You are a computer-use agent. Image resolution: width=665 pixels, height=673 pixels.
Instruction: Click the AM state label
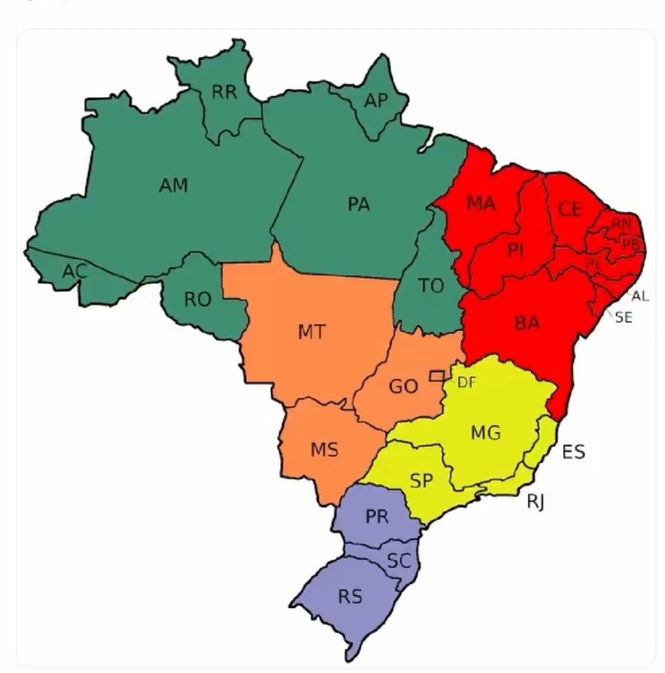(174, 185)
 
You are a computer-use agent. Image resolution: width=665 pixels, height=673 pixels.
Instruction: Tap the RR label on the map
(224, 93)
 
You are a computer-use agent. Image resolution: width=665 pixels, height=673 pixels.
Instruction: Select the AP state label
(376, 100)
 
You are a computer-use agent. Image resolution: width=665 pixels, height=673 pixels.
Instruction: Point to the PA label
(359, 204)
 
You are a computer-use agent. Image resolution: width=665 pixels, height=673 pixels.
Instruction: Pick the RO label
(197, 299)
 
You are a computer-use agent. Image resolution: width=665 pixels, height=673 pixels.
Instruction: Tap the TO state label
(431, 286)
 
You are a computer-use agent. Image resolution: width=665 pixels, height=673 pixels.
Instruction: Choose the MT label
(312, 332)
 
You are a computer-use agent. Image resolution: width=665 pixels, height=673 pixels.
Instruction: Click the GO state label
(403, 387)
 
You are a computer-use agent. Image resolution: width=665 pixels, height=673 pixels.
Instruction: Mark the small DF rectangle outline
(437, 375)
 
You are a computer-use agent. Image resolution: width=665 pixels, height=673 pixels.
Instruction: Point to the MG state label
(486, 432)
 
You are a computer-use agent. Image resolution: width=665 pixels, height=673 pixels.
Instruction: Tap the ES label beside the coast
(574, 451)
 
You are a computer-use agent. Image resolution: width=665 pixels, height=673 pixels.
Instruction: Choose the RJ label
(536, 501)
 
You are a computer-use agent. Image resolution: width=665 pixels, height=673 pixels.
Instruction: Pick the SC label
(398, 561)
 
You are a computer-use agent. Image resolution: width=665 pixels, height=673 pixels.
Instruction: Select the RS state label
(350, 597)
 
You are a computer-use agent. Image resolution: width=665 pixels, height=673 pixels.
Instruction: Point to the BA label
(527, 323)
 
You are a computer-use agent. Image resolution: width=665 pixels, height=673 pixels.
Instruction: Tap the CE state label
(570, 209)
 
